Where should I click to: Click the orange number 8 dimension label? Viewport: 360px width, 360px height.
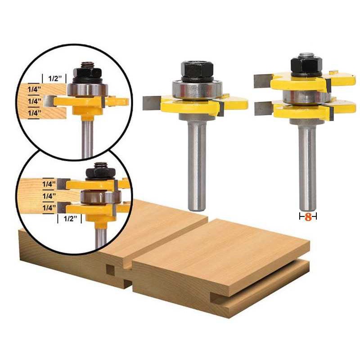point(308,217)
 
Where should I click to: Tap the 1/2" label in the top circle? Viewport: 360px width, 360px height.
point(55,78)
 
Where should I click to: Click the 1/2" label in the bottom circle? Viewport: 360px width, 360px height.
point(70,218)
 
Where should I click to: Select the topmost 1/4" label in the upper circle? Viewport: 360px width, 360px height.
point(34,89)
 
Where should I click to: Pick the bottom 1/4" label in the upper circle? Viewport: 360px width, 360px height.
point(34,113)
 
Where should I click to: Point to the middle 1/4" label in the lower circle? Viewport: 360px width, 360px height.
point(49,196)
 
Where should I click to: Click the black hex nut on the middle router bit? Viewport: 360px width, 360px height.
point(197,70)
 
